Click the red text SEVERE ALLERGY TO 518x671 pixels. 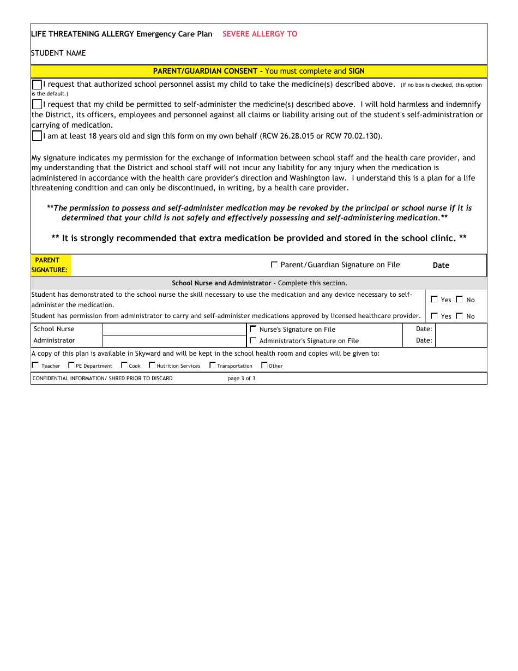(260, 34)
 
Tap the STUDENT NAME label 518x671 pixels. (58, 53)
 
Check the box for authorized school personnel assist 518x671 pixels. (37, 85)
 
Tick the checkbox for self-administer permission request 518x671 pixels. (37, 104)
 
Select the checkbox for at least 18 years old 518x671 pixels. (37, 136)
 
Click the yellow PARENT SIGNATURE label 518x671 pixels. (50, 265)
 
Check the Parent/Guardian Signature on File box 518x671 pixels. (274, 265)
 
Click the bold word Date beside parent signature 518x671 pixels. (441, 265)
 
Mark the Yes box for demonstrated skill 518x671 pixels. (434, 299)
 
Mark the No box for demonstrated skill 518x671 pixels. (459, 299)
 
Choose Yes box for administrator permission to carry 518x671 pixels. (434, 315)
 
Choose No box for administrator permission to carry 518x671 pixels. (459, 315)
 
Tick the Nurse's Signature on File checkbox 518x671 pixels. (253, 329)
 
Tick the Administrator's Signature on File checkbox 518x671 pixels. (253, 340)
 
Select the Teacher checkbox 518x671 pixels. (35, 365)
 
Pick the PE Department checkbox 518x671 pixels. (71, 365)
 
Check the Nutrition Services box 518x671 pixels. (152, 365)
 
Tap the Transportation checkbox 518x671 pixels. (213, 365)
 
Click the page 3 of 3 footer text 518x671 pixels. (241, 378)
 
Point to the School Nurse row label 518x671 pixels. (54, 329)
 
